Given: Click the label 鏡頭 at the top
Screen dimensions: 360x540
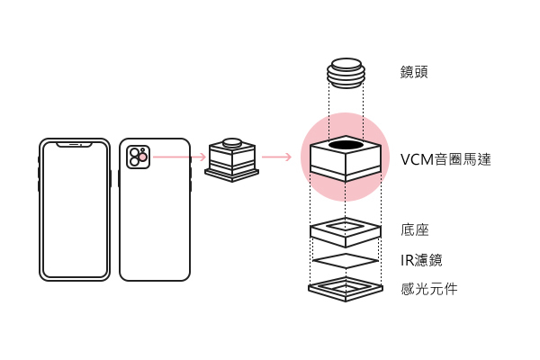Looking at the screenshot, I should (414, 71).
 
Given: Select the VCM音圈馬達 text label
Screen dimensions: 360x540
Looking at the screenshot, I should (445, 160).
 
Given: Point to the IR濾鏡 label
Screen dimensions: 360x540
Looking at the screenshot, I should (421, 260).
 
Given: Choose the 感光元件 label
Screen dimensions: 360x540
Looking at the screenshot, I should (429, 289).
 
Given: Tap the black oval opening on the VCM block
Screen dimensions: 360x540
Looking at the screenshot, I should (346, 145).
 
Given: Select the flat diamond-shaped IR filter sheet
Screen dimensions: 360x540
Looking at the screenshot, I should (345, 260).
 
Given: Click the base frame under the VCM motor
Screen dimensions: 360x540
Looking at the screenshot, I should (345, 231).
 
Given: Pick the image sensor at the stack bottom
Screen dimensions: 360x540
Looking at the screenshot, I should (345, 288).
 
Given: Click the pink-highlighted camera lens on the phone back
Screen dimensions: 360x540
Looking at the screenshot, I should (142, 157).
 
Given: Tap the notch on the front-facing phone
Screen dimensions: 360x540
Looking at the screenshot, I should (74, 143).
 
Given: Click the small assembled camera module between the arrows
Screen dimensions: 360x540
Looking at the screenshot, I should (232, 159).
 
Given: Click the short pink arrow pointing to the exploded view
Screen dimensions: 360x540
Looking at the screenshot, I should (276, 157).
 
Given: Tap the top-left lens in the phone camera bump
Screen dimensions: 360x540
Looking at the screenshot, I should (134, 152).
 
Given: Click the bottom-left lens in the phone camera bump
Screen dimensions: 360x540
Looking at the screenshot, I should (134, 163).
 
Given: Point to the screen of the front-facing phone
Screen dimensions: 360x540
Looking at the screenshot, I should (74, 211).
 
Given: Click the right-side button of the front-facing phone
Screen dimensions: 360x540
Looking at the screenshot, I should (110, 177).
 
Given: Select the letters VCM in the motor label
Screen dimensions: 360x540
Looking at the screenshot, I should (417, 160).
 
